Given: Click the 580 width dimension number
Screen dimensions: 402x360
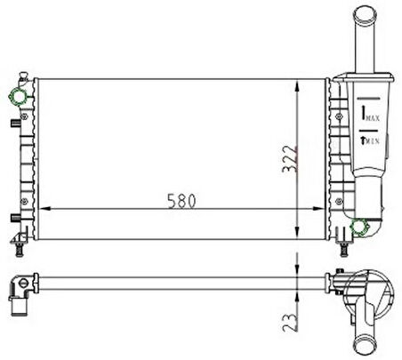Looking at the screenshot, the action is (x=181, y=201).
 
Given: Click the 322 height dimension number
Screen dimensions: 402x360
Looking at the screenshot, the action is (x=289, y=159).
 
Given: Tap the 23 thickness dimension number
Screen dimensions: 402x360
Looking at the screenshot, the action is (x=289, y=323).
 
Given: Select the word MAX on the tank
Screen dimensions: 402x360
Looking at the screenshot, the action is (x=373, y=118).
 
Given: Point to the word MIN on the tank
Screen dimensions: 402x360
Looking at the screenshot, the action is (x=373, y=141).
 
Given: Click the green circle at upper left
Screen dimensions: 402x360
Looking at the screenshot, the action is (x=18, y=97).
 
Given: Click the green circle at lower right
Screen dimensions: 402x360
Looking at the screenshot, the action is (x=358, y=227).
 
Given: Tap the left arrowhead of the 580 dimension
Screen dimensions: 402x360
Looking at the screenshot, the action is (x=44, y=209).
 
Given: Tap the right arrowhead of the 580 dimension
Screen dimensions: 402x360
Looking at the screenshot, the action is (x=318, y=209).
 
